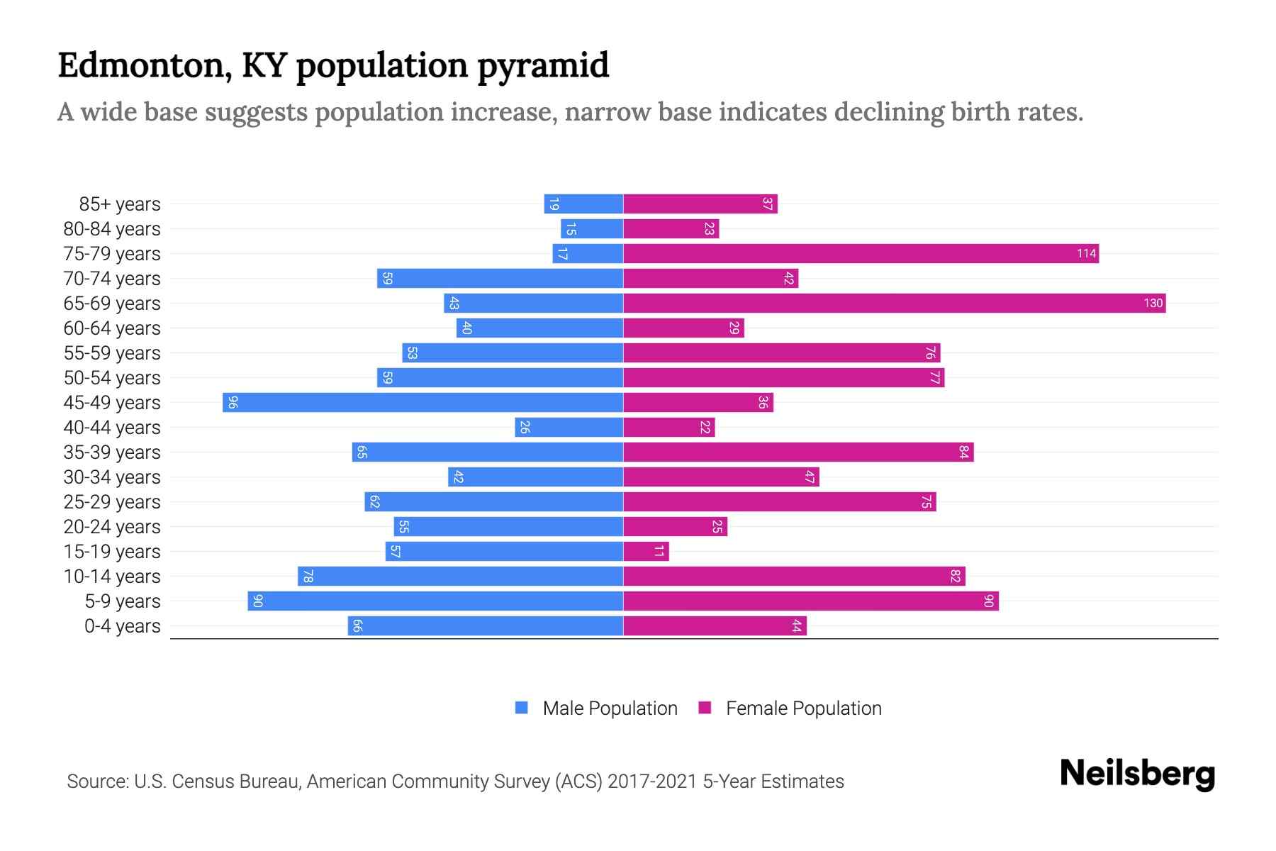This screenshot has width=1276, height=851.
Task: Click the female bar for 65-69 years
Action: click(x=893, y=304)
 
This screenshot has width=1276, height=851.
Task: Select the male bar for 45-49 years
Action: click(x=423, y=403)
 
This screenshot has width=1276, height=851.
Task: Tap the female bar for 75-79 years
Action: click(x=861, y=254)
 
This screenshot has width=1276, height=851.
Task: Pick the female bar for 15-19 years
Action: click(x=646, y=552)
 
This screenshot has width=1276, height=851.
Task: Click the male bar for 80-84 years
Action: click(x=592, y=229)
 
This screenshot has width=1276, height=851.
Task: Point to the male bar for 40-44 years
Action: click(x=569, y=428)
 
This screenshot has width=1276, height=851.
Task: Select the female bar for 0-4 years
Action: click(x=715, y=626)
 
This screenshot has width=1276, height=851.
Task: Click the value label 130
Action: click(x=1153, y=304)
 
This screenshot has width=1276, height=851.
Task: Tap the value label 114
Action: click(x=1086, y=254)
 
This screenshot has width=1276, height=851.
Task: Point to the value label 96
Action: click(x=233, y=403)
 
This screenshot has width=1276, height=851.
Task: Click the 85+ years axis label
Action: click(x=120, y=204)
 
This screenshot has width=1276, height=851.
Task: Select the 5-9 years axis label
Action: click(x=123, y=601)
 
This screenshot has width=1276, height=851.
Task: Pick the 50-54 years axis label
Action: click(x=112, y=378)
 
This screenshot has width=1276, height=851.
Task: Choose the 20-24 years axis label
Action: click(x=112, y=527)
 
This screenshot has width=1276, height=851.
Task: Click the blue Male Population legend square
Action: click(x=522, y=708)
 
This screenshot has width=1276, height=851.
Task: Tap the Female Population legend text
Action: click(x=803, y=708)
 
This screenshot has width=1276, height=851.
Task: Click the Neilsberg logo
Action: click(x=1137, y=774)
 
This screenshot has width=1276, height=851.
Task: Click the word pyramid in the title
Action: click(x=542, y=66)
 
